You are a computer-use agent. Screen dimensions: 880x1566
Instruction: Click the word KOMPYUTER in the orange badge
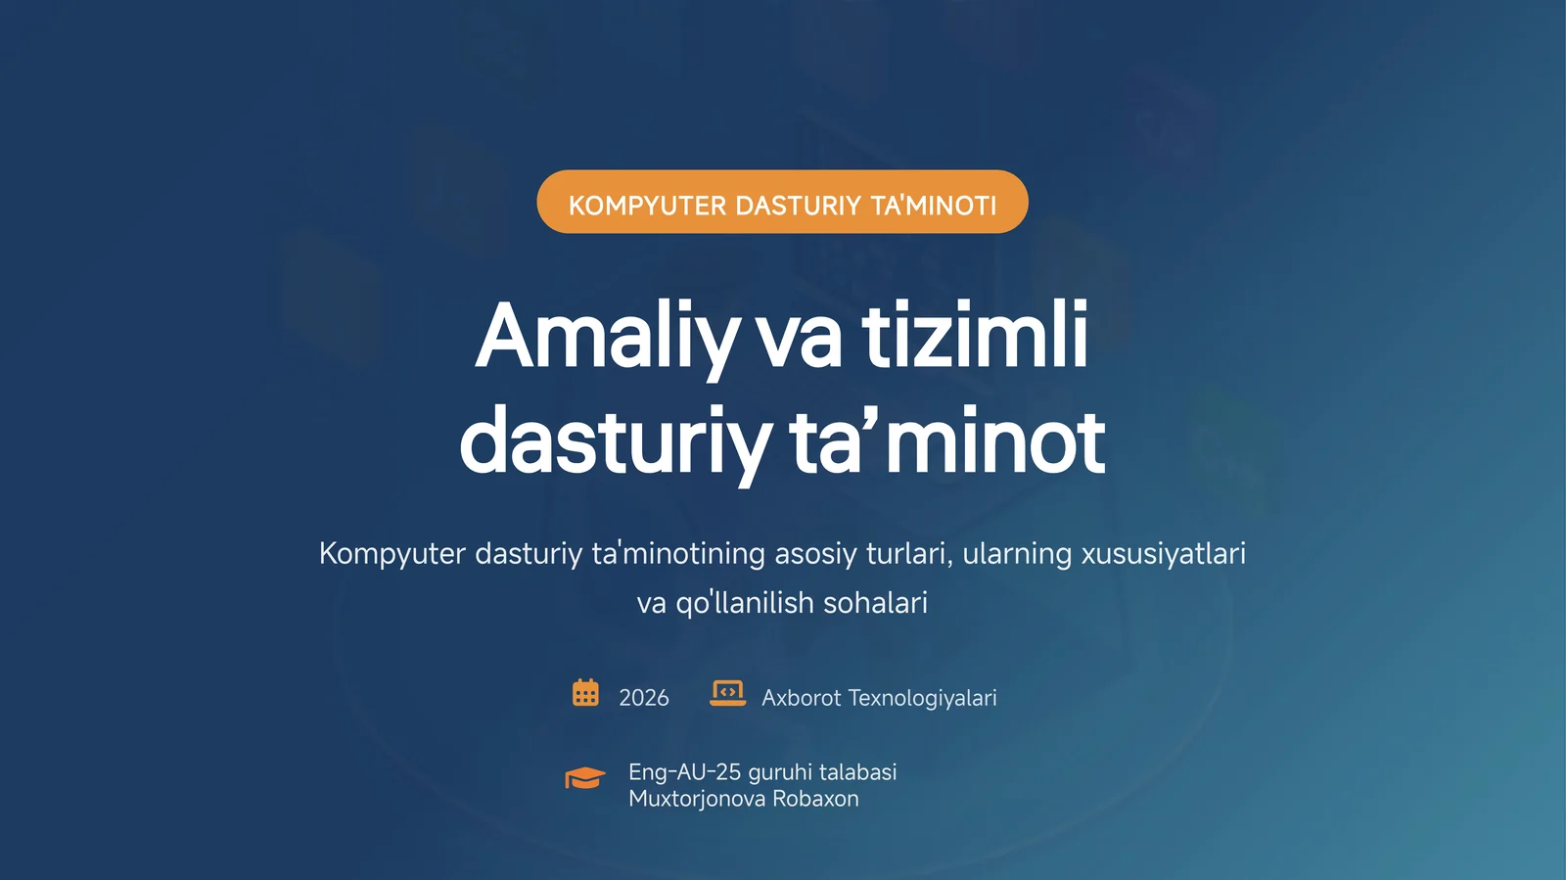(648, 206)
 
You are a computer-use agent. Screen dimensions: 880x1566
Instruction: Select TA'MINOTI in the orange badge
(934, 206)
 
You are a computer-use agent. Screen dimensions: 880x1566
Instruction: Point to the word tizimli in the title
(975, 337)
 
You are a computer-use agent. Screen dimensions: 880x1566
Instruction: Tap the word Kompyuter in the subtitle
(391, 554)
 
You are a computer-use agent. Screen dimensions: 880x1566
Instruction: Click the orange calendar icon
(585, 693)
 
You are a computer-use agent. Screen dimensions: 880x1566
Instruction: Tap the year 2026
(644, 698)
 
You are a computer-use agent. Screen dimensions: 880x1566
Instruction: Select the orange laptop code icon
(727, 693)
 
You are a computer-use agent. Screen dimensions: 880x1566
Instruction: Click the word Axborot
(801, 698)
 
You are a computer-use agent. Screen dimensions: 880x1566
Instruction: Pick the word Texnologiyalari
(922, 698)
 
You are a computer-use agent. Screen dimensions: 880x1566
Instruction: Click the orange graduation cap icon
(585, 778)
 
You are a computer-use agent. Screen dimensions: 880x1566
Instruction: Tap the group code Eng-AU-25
(684, 772)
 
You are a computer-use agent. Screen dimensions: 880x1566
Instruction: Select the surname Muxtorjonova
(696, 799)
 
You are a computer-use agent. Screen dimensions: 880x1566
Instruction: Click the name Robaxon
(815, 799)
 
